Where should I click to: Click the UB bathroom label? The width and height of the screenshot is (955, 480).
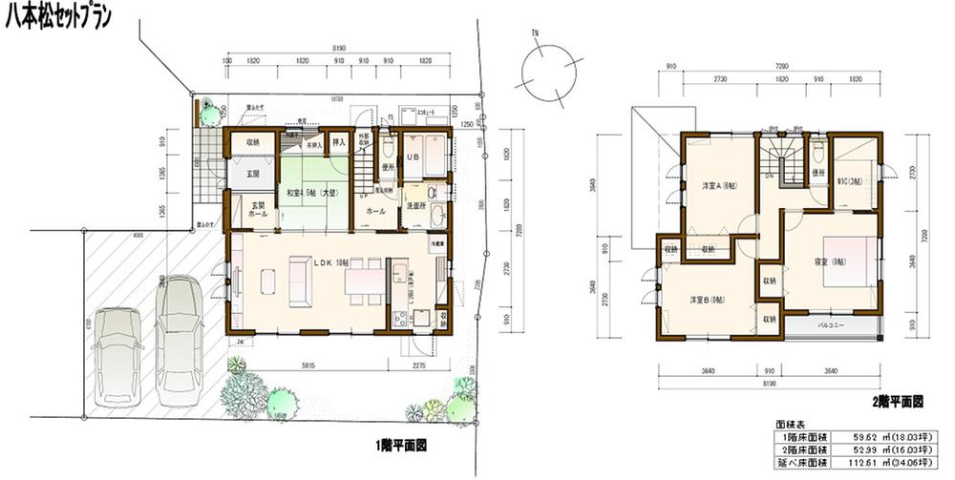point(414,157)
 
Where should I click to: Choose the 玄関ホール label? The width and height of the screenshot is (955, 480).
point(256,210)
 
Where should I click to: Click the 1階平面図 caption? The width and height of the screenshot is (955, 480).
point(399,445)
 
